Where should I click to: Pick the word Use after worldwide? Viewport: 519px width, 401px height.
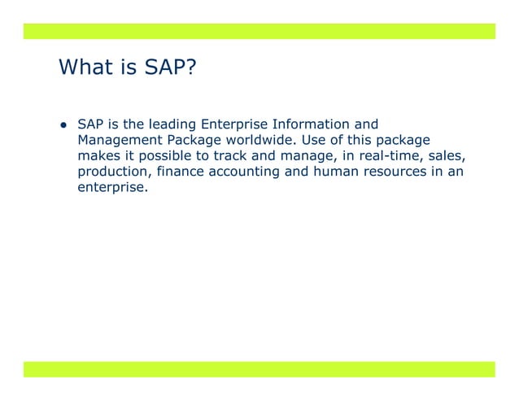[321, 140]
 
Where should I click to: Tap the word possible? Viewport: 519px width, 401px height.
[168, 155]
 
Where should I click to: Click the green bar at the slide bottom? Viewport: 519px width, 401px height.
[259, 369]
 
